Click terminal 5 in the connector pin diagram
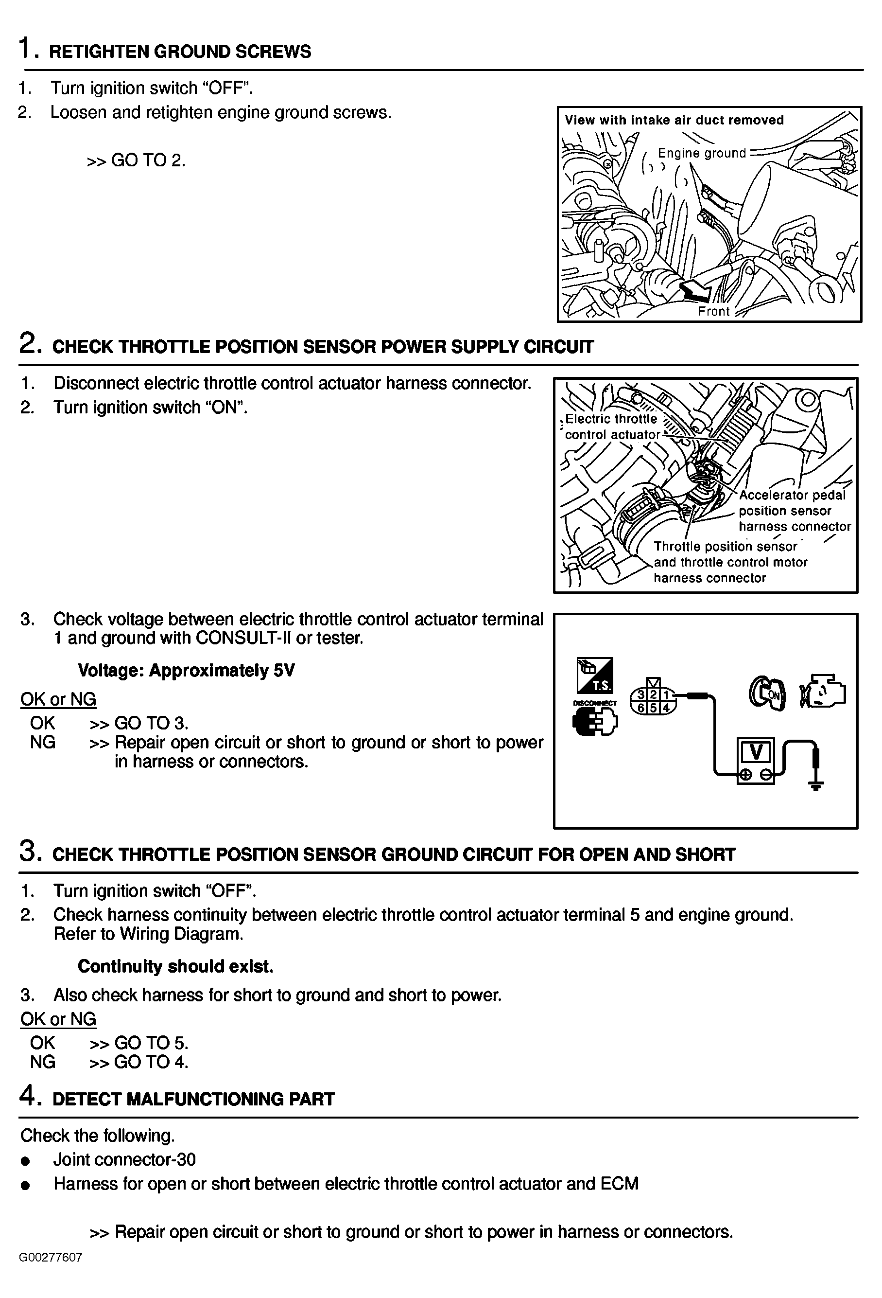click(654, 708)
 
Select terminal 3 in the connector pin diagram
click(642, 694)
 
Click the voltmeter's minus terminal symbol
click(766, 774)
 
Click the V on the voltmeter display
click(756, 752)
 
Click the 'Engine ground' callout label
click(702, 153)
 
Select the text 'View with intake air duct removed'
click(674, 120)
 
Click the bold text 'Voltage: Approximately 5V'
click(186, 670)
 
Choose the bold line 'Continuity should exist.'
click(175, 966)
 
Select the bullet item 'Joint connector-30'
click(124, 1159)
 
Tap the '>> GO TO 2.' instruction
click(137, 160)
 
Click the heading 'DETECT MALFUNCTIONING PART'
click(193, 1099)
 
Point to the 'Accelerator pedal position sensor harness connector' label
click(795, 511)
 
